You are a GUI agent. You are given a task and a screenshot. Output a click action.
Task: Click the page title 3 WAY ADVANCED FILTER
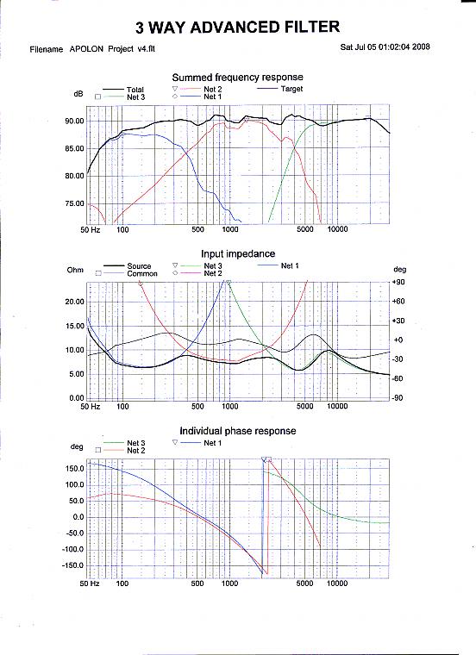pyautogui.click(x=237, y=28)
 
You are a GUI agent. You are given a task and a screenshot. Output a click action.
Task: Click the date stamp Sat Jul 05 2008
pyautogui.click(x=385, y=47)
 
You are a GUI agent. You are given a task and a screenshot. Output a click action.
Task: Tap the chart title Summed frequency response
pyautogui.click(x=237, y=78)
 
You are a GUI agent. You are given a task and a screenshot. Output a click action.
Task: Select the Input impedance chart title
pyautogui.click(x=238, y=254)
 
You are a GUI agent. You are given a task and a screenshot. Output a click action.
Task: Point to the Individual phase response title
pyautogui.click(x=238, y=431)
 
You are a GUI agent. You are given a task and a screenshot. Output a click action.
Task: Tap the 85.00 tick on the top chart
pyautogui.click(x=74, y=149)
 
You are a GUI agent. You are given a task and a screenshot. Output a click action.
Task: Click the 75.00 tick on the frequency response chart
pyautogui.click(x=74, y=204)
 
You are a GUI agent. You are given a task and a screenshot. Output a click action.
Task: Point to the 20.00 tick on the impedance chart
pyautogui.click(x=74, y=302)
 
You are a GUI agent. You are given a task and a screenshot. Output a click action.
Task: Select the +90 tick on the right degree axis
pyautogui.click(x=398, y=282)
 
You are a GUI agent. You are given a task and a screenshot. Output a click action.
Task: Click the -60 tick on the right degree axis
pyautogui.click(x=398, y=378)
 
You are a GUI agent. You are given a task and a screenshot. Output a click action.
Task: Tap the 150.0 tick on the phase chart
pyautogui.click(x=75, y=469)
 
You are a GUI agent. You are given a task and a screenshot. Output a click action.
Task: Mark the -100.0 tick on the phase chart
pyautogui.click(x=73, y=549)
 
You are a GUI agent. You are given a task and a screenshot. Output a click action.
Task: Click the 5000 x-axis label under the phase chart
pyautogui.click(x=304, y=583)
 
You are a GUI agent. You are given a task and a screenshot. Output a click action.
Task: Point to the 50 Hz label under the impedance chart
pyautogui.click(x=91, y=406)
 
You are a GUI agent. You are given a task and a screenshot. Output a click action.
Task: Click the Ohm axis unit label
pyautogui.click(x=75, y=270)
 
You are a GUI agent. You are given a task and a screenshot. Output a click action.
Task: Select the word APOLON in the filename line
pyautogui.click(x=86, y=49)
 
